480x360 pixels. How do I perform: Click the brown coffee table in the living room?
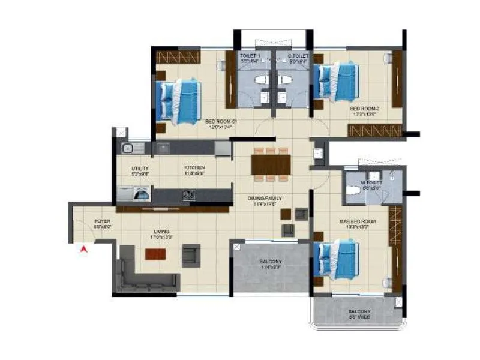coord(154,254)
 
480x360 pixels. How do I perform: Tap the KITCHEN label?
coord(195,167)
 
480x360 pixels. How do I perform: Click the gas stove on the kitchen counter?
coord(188,194)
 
